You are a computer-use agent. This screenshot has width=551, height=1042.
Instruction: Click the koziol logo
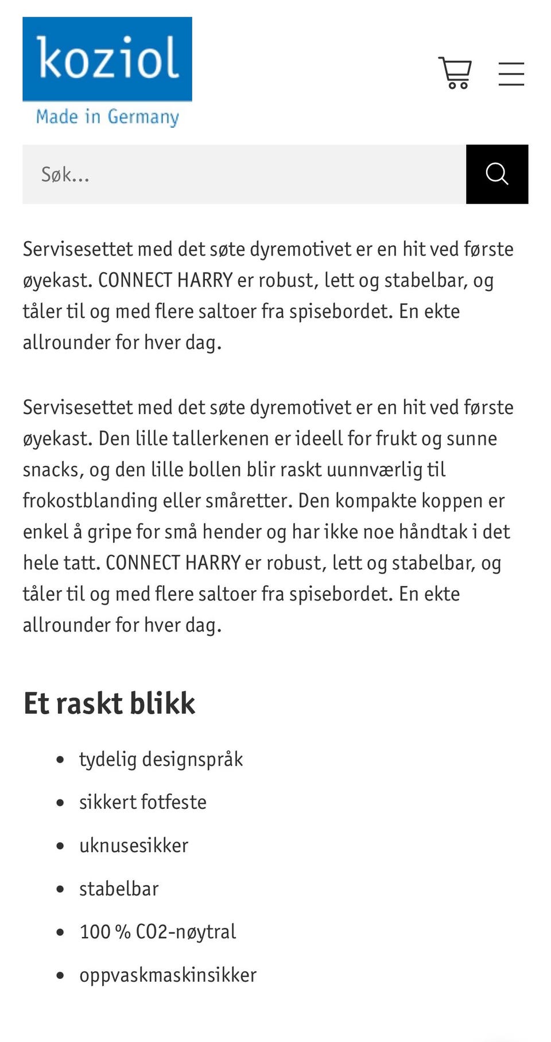pyautogui.click(x=107, y=59)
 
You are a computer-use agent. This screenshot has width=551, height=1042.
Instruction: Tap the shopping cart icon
pyautogui.click(x=455, y=73)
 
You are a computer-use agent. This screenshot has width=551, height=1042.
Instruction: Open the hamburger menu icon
pyautogui.click(x=511, y=74)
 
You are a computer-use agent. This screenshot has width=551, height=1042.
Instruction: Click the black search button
pyautogui.click(x=496, y=174)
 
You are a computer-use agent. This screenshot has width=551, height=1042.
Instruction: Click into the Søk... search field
pyautogui.click(x=244, y=174)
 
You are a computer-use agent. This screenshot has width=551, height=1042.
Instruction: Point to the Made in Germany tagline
pyautogui.click(x=107, y=117)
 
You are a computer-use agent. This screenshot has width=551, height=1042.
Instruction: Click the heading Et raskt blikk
pyautogui.click(x=109, y=703)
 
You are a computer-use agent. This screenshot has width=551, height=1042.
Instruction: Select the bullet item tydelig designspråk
pyautogui.click(x=161, y=759)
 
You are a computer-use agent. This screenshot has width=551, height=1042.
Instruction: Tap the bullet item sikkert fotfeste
pyautogui.click(x=142, y=802)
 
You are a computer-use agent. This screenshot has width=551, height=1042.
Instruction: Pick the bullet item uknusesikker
pyautogui.click(x=133, y=845)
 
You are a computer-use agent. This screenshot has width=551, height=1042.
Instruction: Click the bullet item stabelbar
pyautogui.click(x=119, y=889)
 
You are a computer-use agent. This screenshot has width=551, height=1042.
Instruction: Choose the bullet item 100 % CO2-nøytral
pyautogui.click(x=157, y=931)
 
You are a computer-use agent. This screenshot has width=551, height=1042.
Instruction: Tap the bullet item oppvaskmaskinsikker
pyautogui.click(x=168, y=975)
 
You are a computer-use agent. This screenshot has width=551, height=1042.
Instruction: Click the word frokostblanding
pyautogui.click(x=90, y=501)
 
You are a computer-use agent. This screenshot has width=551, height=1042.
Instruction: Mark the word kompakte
pyautogui.click(x=376, y=501)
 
